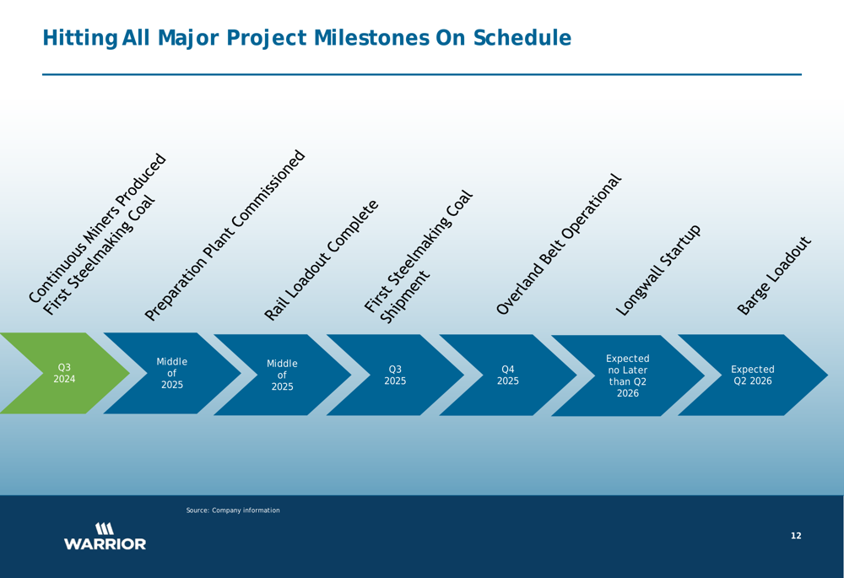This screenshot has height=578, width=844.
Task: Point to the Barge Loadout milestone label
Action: point(773,276)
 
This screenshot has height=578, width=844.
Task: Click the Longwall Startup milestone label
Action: point(658,270)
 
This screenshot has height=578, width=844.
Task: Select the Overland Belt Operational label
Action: point(559,245)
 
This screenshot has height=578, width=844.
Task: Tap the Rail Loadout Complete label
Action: point(322,261)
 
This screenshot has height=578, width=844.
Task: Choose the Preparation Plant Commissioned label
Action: point(225,235)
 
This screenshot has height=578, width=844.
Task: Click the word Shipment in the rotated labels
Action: point(405,297)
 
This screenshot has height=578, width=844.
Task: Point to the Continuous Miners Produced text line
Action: point(97,228)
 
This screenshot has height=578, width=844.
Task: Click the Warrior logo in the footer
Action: point(105,536)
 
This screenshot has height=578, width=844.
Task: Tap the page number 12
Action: point(796,536)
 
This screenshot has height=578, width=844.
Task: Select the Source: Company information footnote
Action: point(233,510)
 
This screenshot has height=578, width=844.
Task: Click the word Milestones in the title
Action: point(371,38)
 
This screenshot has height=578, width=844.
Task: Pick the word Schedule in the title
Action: point(522,38)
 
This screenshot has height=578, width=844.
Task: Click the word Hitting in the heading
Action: point(79,39)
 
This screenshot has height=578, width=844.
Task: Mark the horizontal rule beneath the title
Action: point(422,74)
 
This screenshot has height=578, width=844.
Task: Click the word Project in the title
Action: point(267,39)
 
